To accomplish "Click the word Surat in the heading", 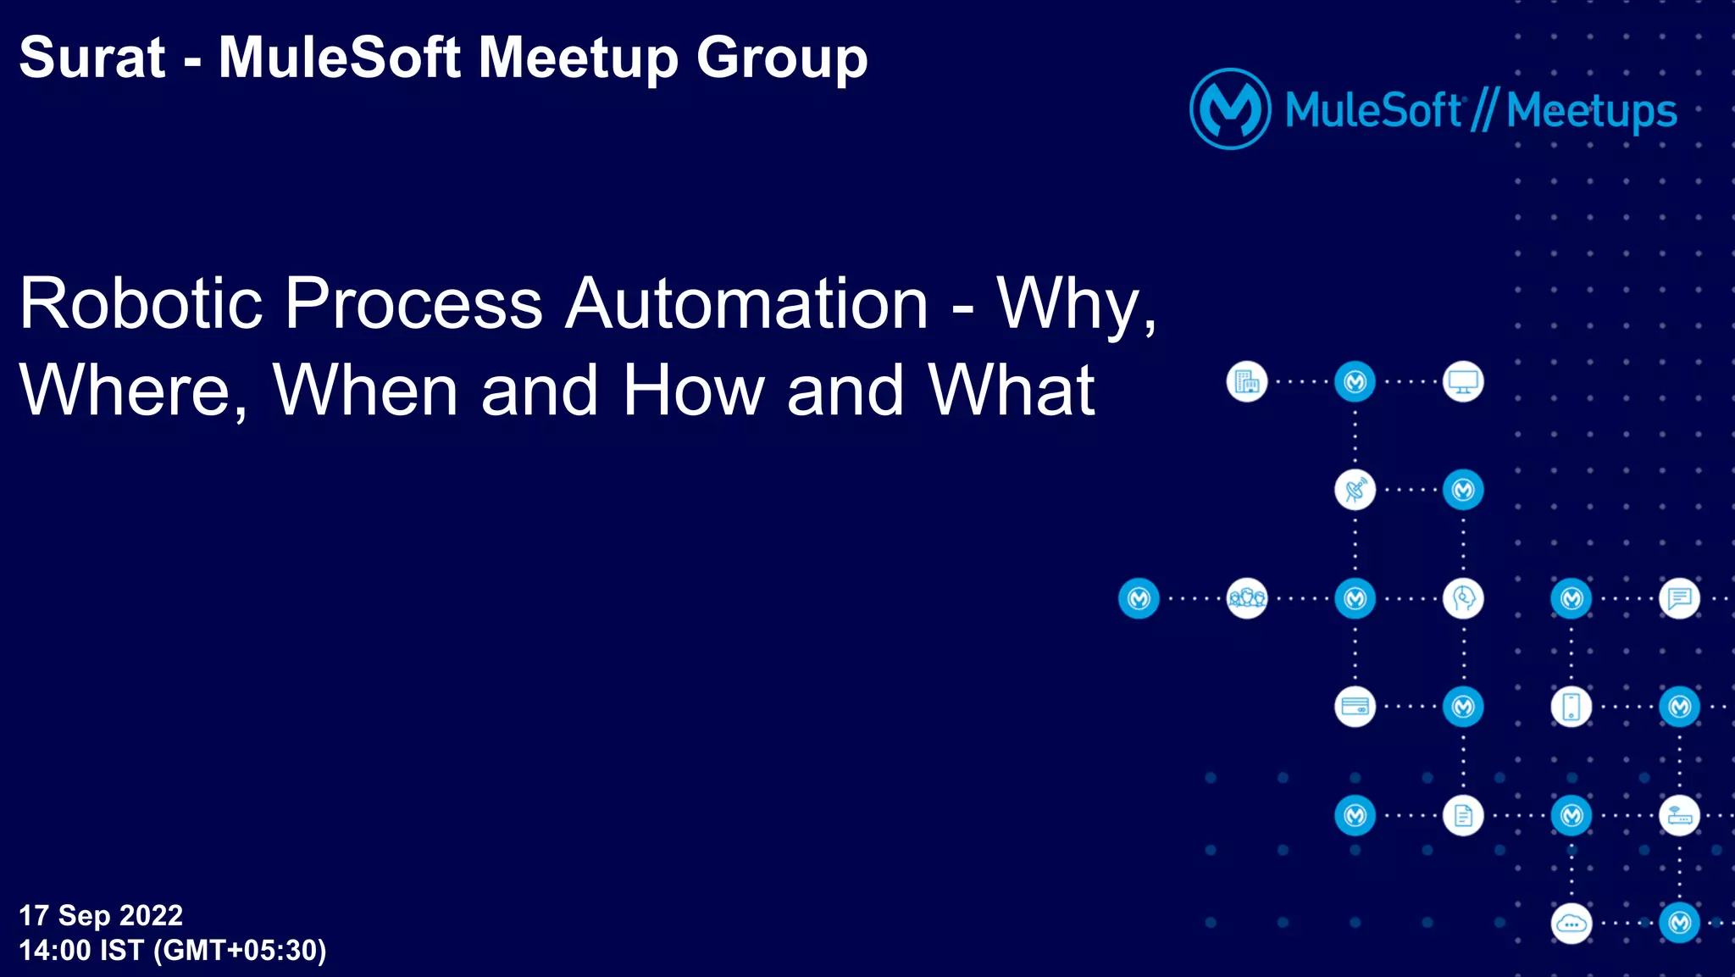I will (91, 58).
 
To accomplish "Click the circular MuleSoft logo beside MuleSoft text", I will (1230, 109).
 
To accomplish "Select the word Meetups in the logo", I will (1591, 111).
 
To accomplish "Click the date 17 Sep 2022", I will (101, 915).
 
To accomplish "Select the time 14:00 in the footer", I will (54, 950).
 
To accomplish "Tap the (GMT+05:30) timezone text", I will (240, 950).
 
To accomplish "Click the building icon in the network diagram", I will (1246, 382).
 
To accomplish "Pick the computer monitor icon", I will (1463, 382).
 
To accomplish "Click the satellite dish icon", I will (1355, 490).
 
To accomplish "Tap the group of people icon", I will (1246, 598).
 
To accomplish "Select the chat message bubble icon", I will (1679, 598).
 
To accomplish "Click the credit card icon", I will (1355, 707).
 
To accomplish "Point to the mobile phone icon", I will (1571, 707).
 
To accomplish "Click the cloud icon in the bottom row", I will (1571, 924).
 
